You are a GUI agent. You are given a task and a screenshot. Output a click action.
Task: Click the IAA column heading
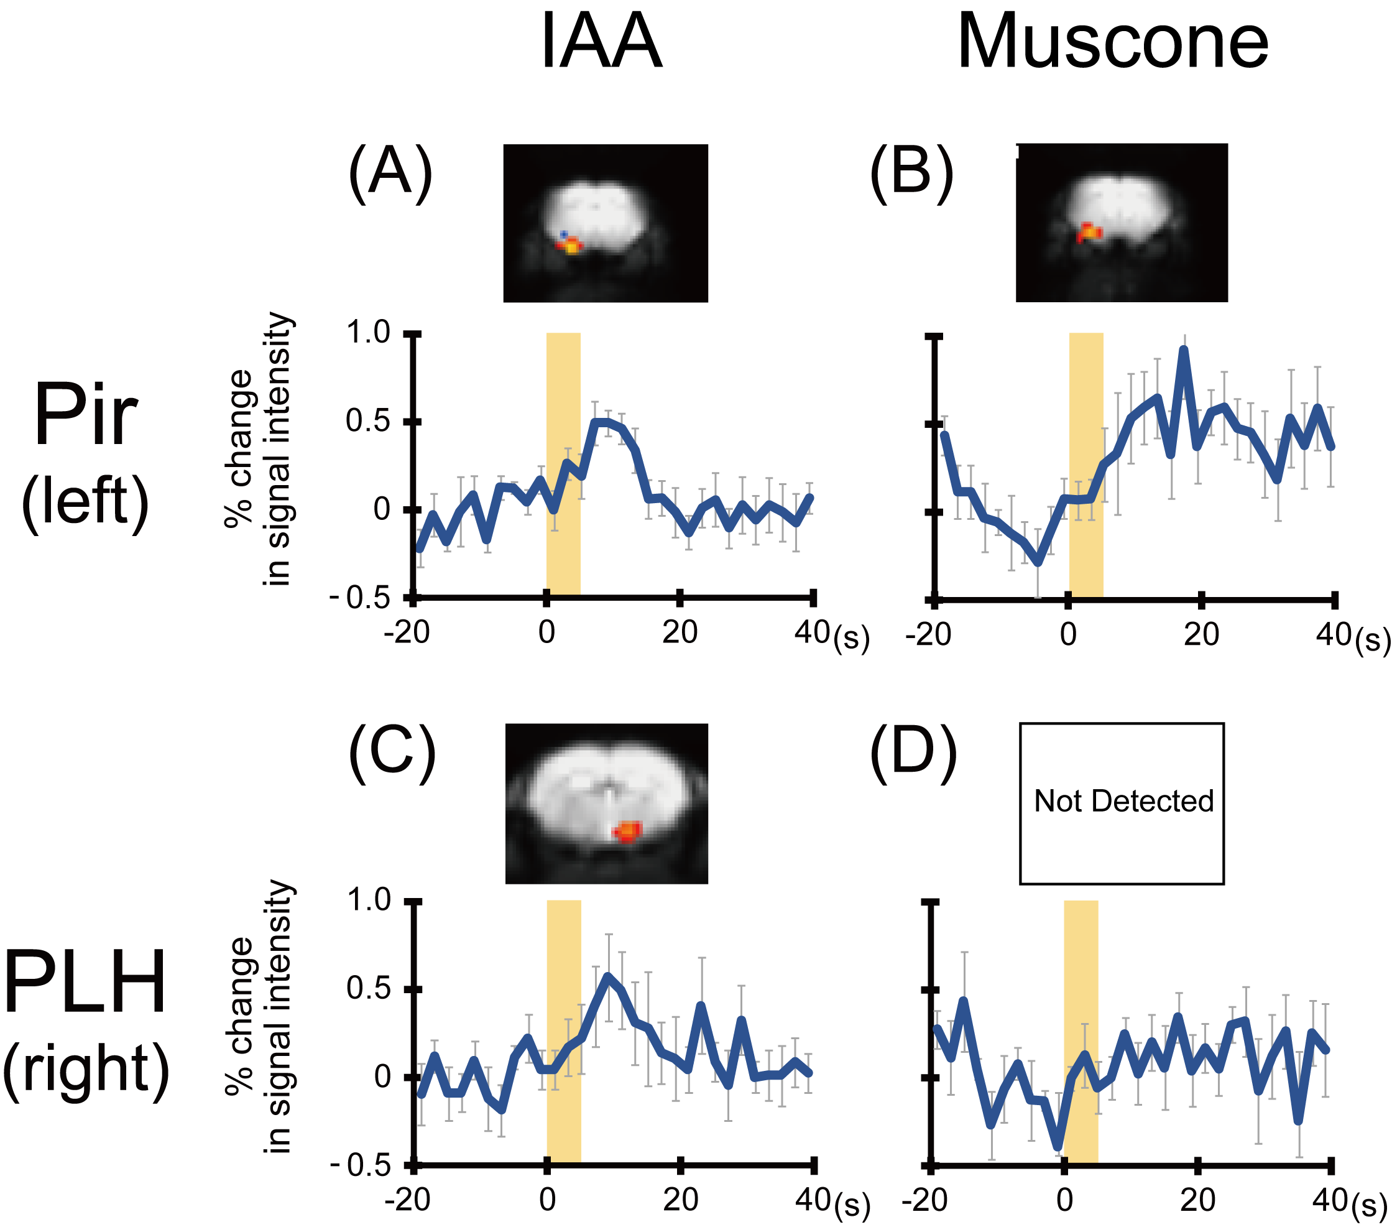[x=601, y=42]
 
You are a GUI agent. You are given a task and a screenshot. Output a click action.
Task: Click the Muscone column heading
[x=1112, y=42]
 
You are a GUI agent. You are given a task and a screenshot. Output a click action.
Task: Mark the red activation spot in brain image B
[x=1088, y=233]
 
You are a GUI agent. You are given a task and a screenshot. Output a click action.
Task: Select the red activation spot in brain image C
[x=627, y=832]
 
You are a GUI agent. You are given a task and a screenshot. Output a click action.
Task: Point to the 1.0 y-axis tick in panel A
[x=368, y=333]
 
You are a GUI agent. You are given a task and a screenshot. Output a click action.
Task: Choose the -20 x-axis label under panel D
[x=924, y=1200]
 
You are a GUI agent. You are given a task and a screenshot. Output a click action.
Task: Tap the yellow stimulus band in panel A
[x=563, y=463]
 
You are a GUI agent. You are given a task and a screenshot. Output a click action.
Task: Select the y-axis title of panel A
[x=259, y=450]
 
